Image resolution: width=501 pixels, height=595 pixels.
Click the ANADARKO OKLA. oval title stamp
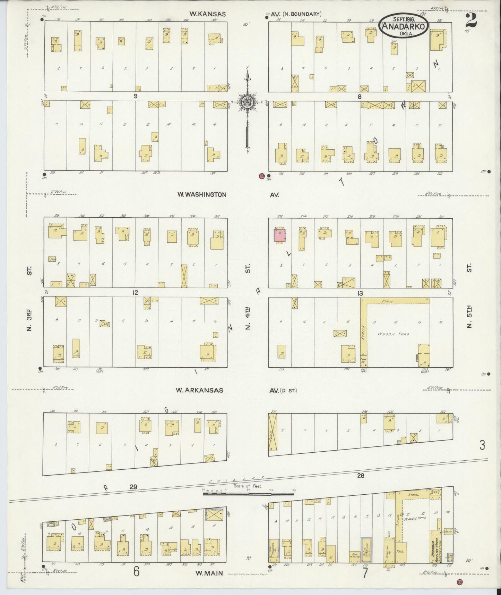coord(404,25)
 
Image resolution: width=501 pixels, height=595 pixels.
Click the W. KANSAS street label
coord(207,14)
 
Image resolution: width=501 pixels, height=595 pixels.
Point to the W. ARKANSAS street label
coord(199,390)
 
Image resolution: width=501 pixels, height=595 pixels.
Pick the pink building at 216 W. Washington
coord(280,235)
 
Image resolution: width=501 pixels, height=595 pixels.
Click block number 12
coord(135,293)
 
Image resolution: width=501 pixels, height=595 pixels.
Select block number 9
coord(136,97)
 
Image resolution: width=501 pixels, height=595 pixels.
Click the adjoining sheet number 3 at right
coord(482,445)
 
